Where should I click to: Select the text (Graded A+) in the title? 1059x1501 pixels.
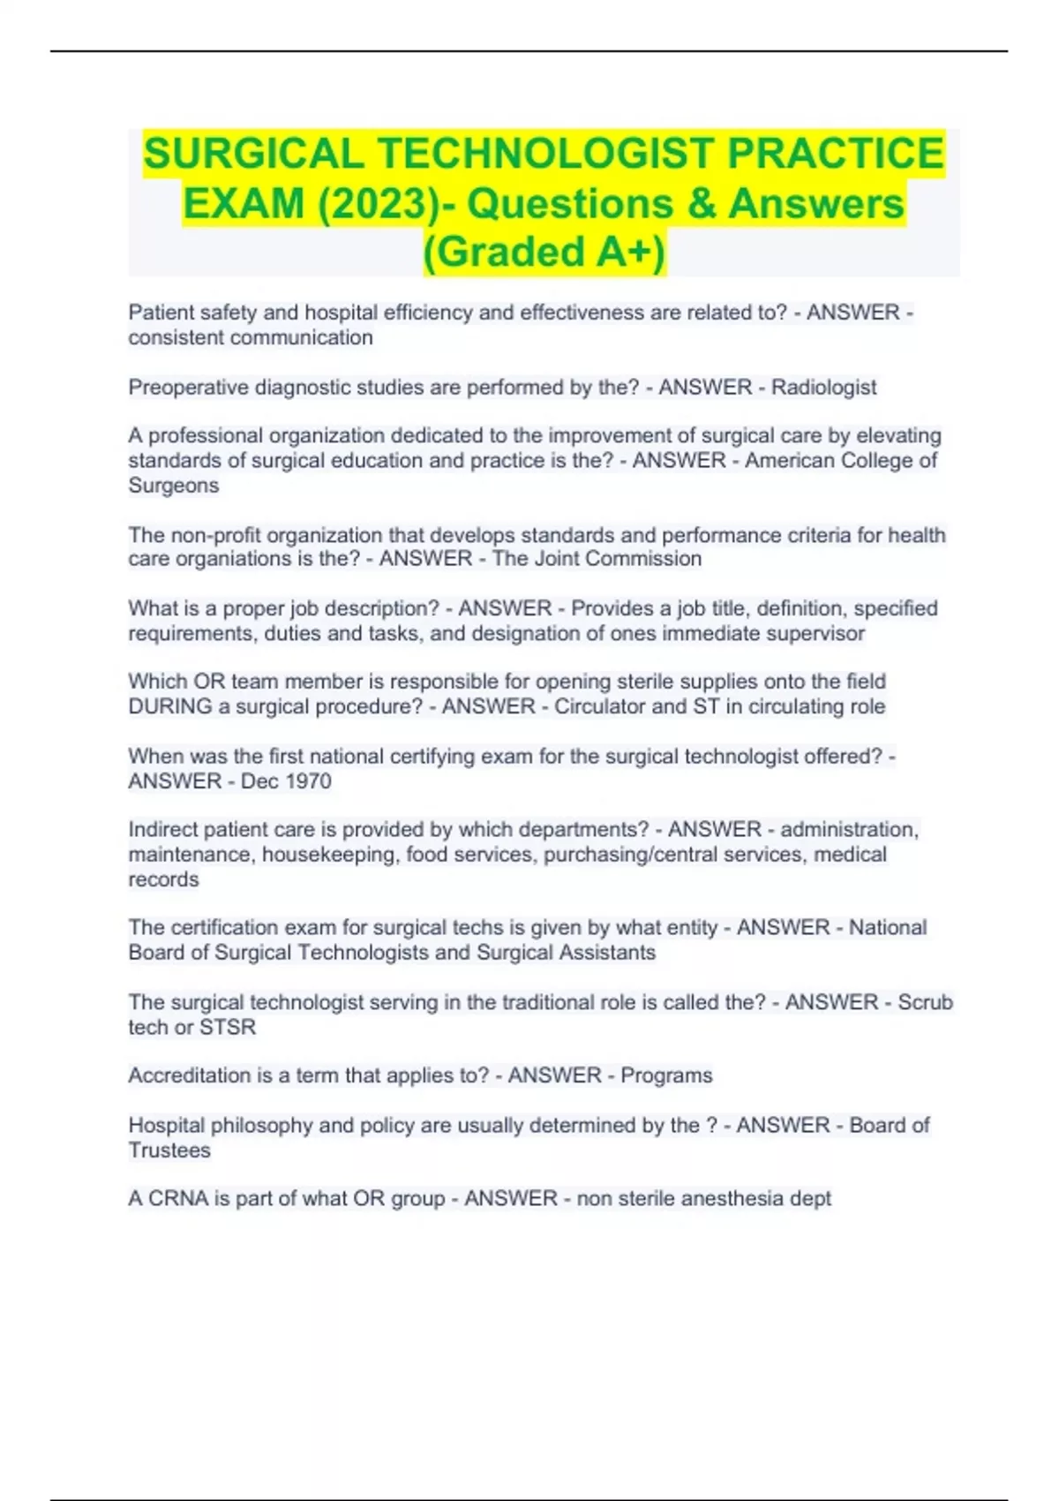(544, 252)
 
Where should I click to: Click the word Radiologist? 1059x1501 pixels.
(823, 388)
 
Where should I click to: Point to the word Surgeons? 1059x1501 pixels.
(173, 486)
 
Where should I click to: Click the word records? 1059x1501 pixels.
(163, 879)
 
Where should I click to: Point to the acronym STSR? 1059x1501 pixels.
(228, 1028)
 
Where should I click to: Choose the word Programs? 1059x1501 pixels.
(666, 1075)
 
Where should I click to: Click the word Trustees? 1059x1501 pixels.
(169, 1150)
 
